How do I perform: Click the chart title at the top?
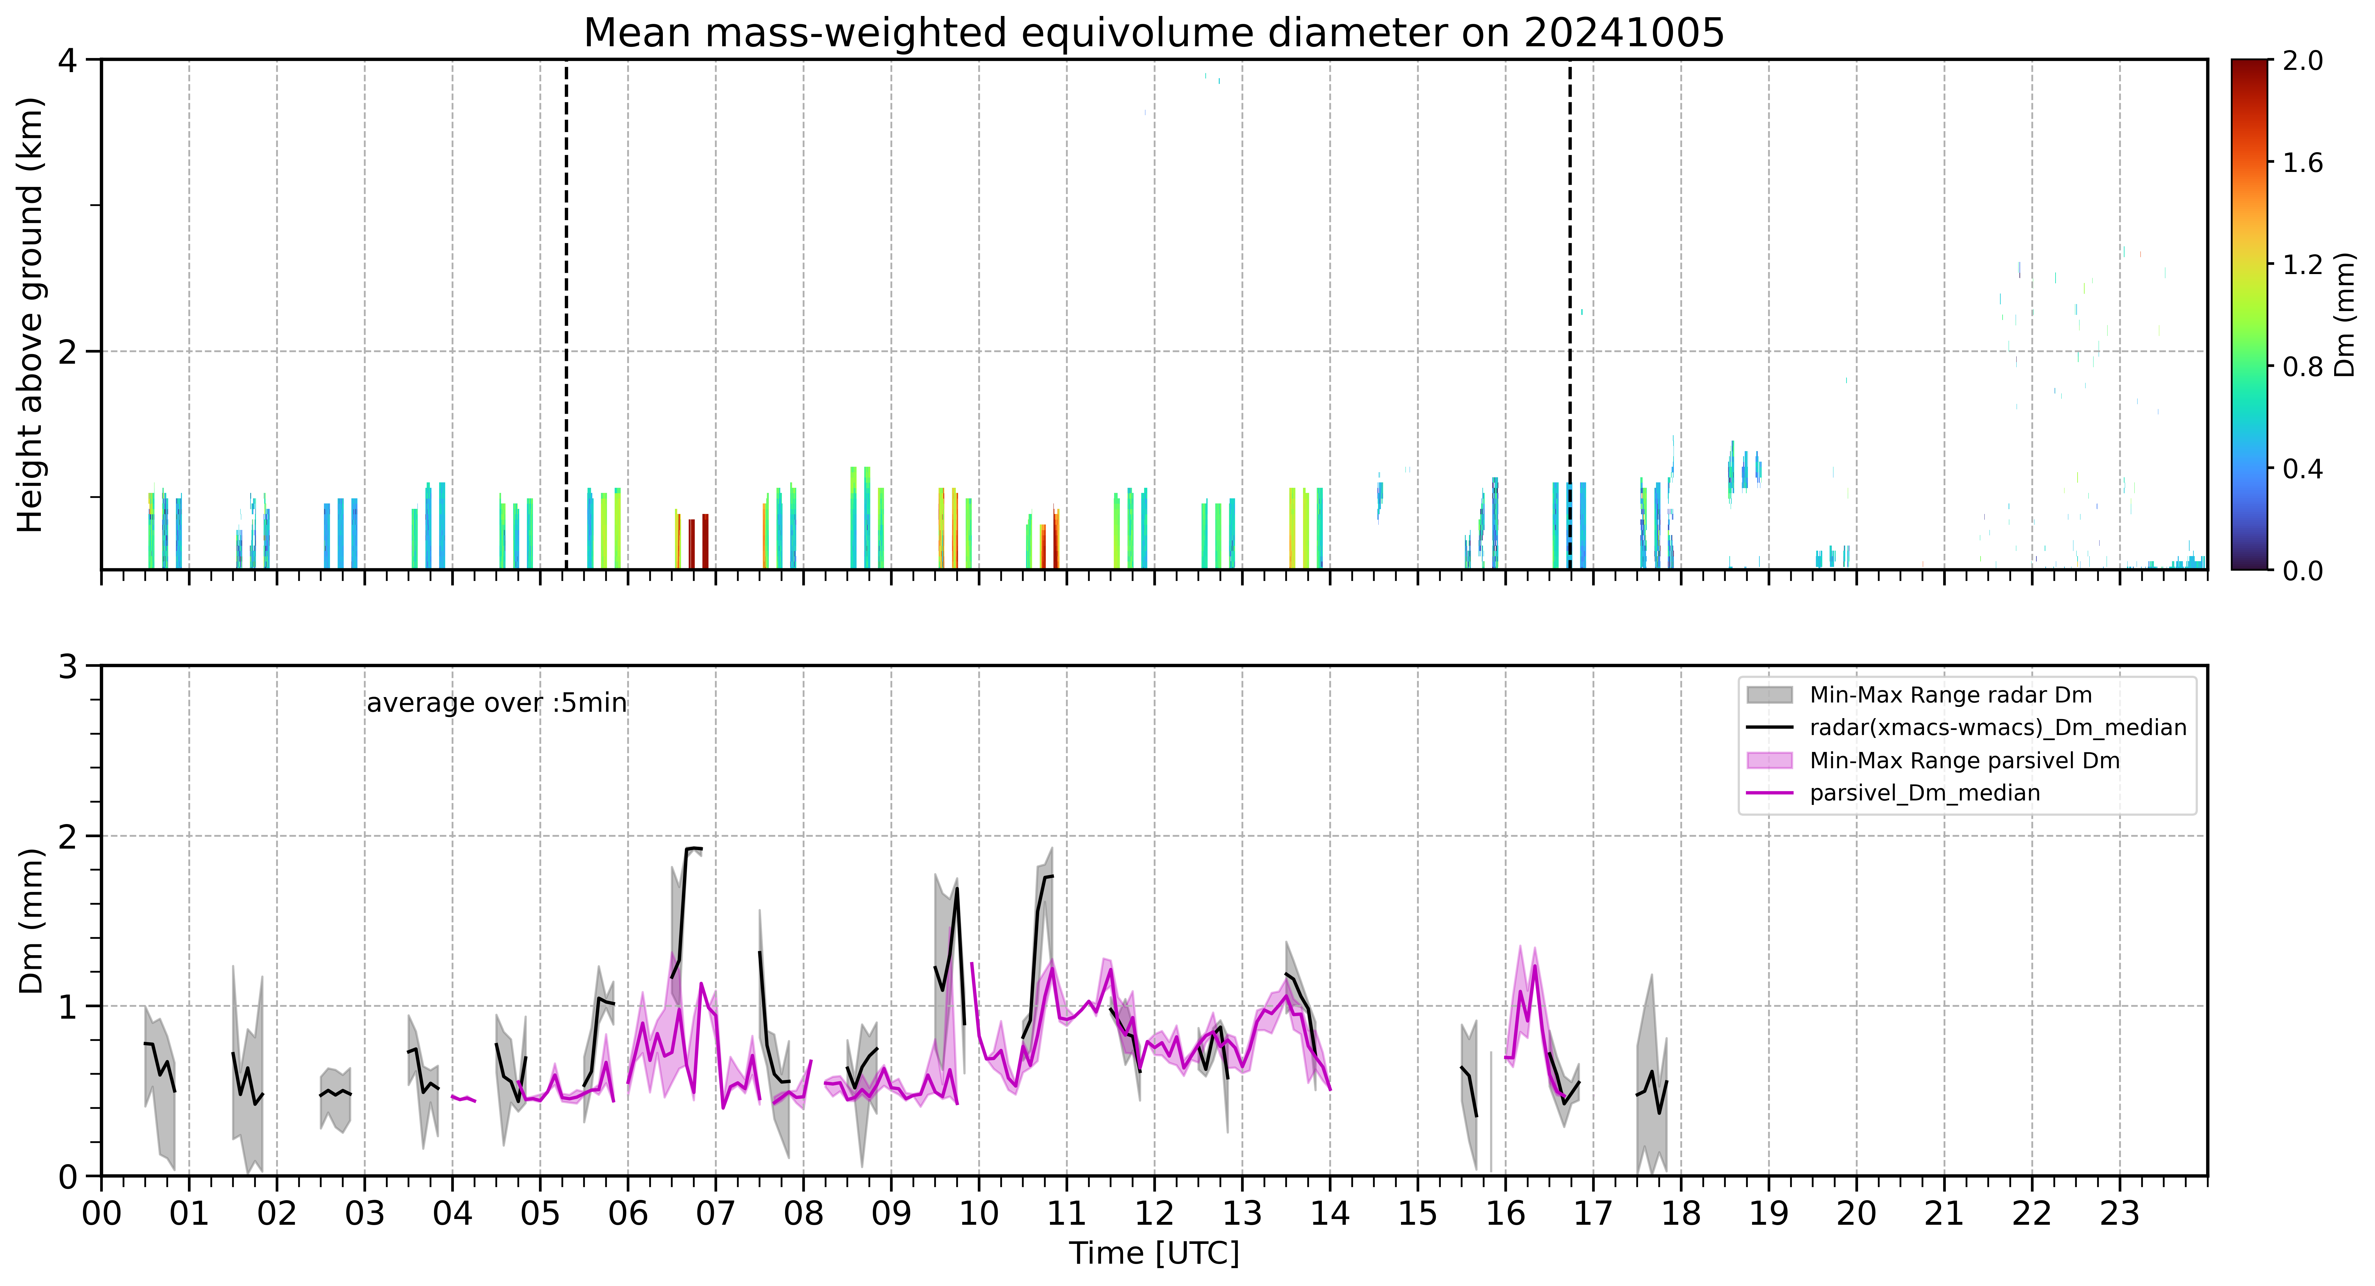pyautogui.click(x=1153, y=33)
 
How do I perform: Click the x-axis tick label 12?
pyautogui.click(x=1154, y=1213)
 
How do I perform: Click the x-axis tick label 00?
pyautogui.click(x=101, y=1213)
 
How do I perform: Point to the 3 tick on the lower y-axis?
pyautogui.click(x=67, y=665)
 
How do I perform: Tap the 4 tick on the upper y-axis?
pyautogui.click(x=67, y=60)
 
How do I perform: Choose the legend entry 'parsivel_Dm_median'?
pyautogui.click(x=1925, y=793)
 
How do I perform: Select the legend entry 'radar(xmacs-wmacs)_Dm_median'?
pyautogui.click(x=1998, y=727)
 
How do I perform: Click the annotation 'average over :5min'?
pyautogui.click(x=496, y=703)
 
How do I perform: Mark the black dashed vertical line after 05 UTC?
pyautogui.click(x=566, y=314)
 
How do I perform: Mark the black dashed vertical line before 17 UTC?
pyautogui.click(x=1570, y=314)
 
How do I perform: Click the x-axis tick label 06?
pyautogui.click(x=628, y=1213)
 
